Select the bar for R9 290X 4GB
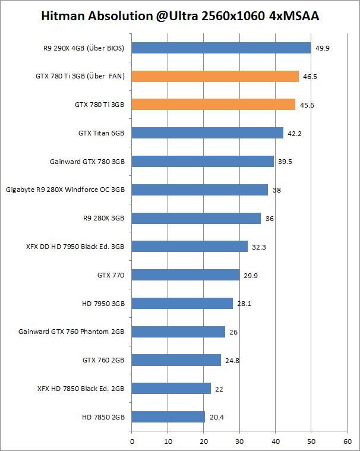pos(221,48)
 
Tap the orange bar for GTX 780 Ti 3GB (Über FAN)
pos(215,76)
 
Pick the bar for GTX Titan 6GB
pos(207,133)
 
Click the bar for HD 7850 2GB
pos(168,417)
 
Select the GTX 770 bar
pos(185,275)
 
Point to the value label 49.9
pos(323,48)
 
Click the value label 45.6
pos(307,105)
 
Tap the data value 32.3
pos(259,247)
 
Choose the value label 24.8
pos(233,360)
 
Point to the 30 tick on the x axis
pos(239,441)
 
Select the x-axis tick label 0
pos(132,441)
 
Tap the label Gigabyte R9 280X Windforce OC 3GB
pos(65,190)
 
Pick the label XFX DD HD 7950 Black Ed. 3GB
pos(75,247)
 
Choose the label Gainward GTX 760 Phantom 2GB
pos(71,332)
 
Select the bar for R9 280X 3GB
pos(196,218)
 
